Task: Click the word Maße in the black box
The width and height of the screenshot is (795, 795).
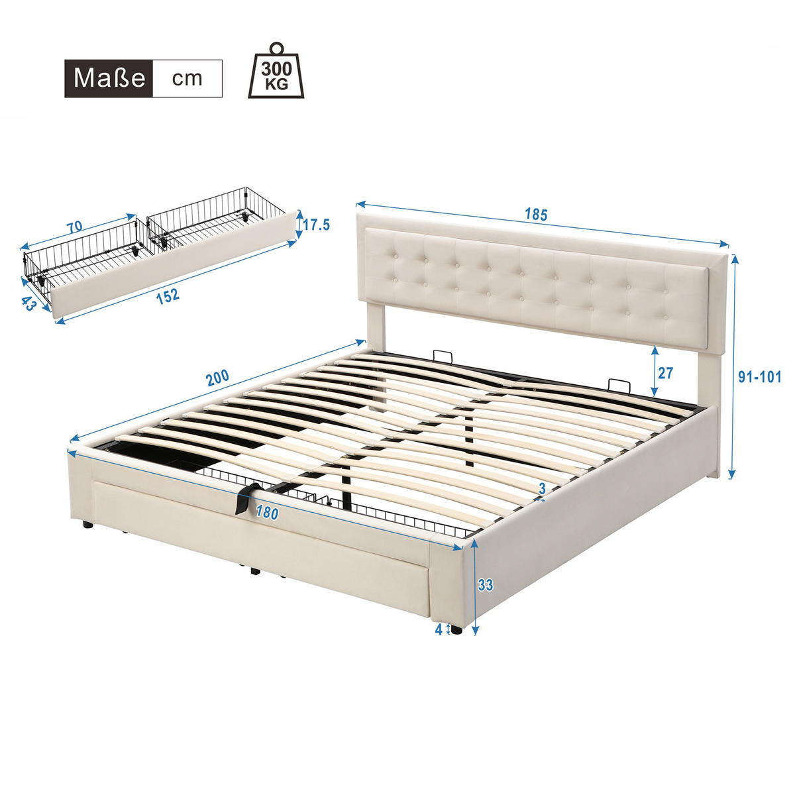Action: (109, 78)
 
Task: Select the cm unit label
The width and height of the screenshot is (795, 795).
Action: (187, 78)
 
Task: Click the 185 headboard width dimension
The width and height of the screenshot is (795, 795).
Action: (536, 215)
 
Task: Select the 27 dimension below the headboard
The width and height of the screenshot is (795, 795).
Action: (664, 373)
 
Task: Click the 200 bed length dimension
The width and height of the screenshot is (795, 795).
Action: (217, 378)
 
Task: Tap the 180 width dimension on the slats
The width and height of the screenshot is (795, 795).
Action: (266, 512)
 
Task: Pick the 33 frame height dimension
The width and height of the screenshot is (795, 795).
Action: (486, 585)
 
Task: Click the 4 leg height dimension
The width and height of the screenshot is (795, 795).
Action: (439, 629)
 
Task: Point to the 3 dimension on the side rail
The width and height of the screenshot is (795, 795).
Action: (542, 488)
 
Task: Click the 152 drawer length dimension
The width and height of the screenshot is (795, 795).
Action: (168, 295)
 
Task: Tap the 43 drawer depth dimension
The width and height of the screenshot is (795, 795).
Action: (28, 304)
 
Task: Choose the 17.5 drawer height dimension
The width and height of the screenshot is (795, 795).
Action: (317, 225)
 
